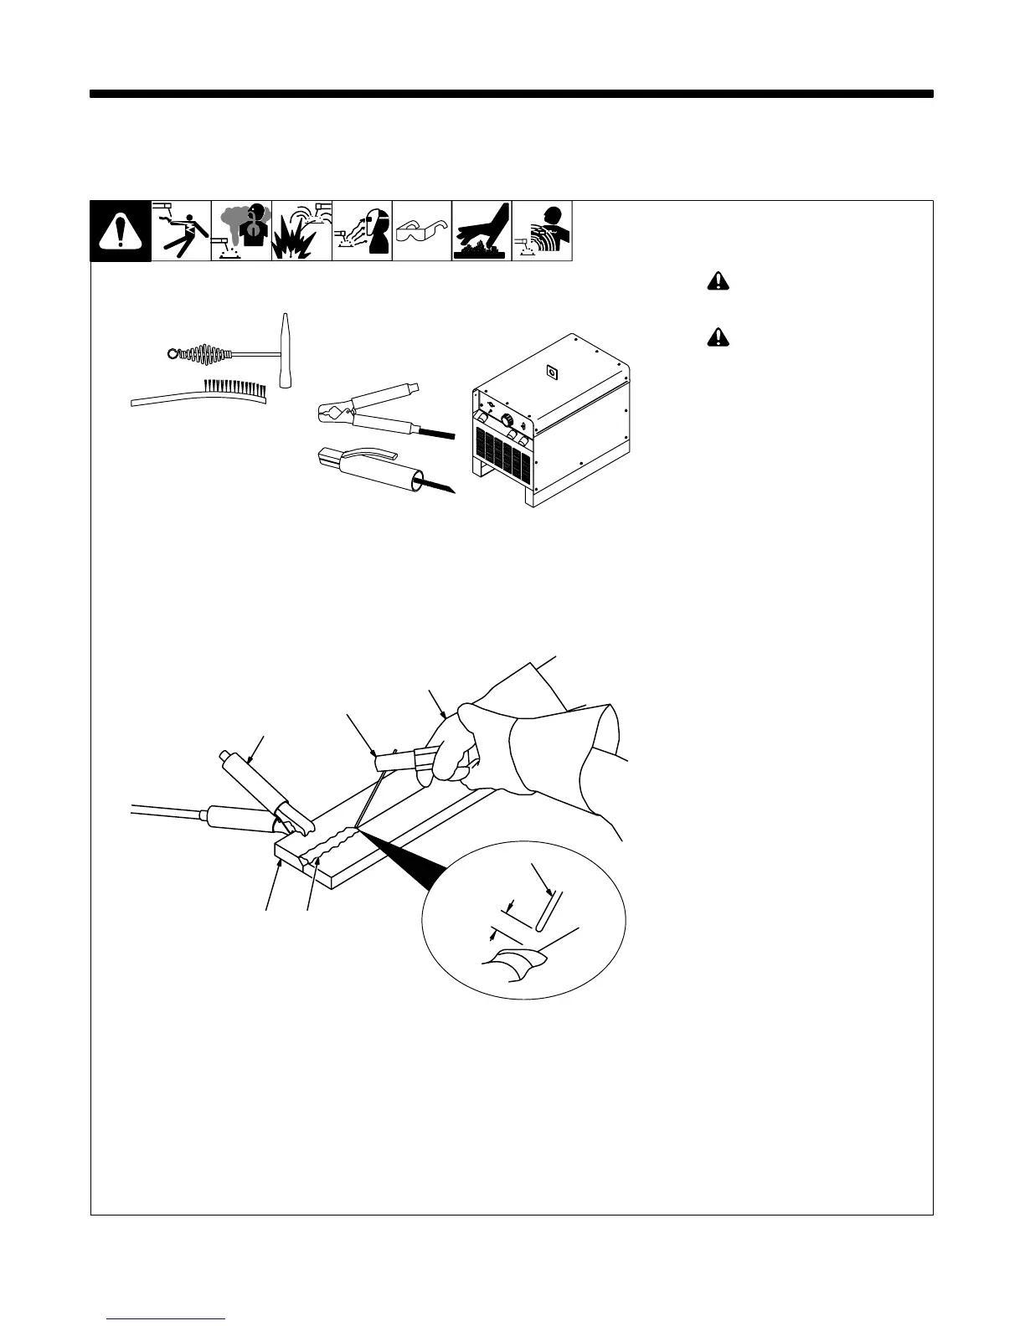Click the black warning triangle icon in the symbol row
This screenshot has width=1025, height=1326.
coord(121,232)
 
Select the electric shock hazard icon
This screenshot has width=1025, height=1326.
coord(182,232)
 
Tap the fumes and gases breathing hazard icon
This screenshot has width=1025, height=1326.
coord(241,232)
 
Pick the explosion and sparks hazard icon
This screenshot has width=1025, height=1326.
coord(301,232)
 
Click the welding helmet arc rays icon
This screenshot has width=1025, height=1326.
coord(362,232)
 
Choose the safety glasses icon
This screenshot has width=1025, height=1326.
coord(422,232)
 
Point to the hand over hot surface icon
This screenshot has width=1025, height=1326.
coord(482,232)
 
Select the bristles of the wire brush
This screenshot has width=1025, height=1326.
coord(235,387)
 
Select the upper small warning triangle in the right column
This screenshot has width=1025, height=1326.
coord(718,284)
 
